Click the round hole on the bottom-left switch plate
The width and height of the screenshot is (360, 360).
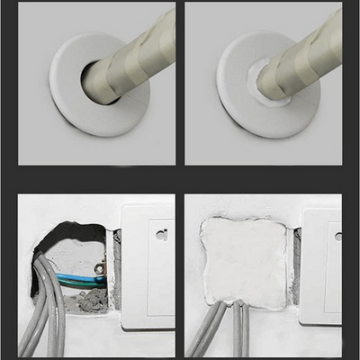(160, 236)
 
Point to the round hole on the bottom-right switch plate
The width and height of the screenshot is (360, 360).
(338, 236)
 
